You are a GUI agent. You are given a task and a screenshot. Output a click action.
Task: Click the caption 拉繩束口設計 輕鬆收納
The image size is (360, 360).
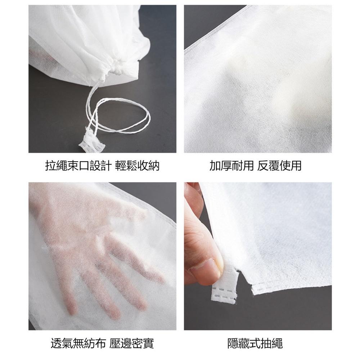102,166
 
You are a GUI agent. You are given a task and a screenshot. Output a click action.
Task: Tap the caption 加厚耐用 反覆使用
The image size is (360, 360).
255,166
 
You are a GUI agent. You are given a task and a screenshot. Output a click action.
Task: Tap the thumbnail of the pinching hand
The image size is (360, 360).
258,256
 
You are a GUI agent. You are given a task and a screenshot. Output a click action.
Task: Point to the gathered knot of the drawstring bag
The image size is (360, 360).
114,66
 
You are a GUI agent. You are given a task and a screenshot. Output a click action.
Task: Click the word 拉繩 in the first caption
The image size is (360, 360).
56,166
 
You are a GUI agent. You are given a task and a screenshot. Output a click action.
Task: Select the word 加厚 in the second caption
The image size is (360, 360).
221,166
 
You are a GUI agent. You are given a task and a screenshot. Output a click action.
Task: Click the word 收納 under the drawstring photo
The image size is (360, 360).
148,166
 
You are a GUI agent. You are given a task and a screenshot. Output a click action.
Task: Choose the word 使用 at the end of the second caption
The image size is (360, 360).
290,166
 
